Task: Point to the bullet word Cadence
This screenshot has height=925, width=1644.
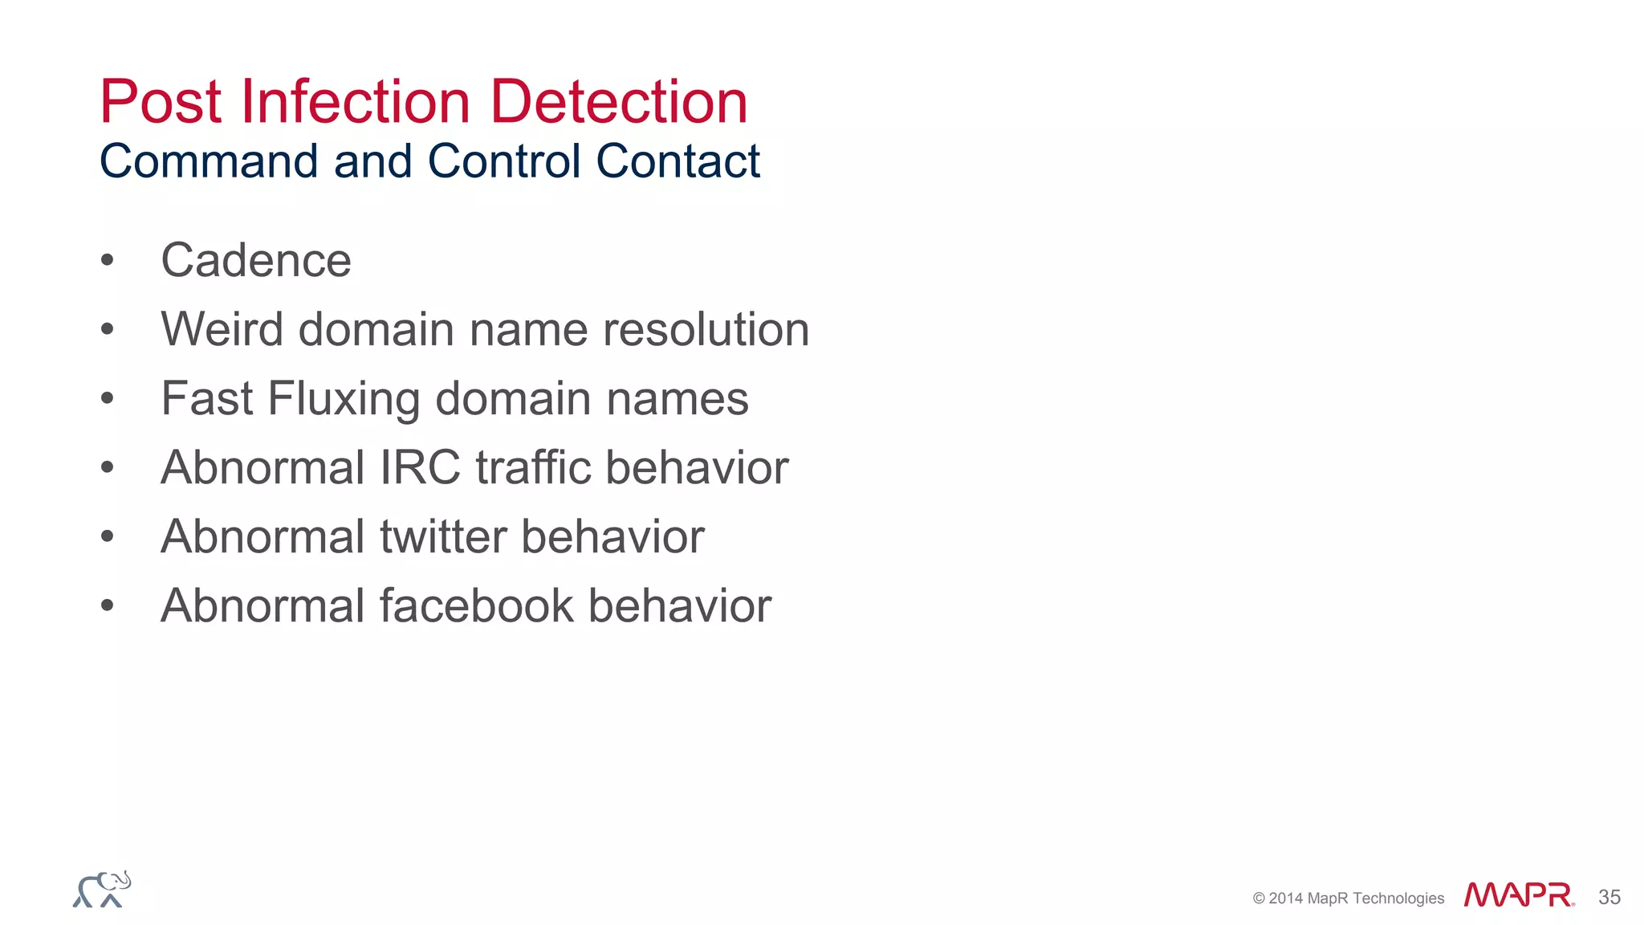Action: [256, 260]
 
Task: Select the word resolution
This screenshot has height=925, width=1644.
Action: [706, 329]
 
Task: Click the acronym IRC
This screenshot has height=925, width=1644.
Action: [420, 467]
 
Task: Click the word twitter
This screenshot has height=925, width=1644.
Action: [443, 536]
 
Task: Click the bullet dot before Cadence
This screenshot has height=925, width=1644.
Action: [108, 260]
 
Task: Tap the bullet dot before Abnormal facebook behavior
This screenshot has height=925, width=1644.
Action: [108, 605]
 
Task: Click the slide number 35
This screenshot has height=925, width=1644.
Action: [1609, 897]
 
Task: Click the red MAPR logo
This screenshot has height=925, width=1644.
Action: [1518, 894]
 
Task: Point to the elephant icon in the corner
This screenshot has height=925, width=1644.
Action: [102, 890]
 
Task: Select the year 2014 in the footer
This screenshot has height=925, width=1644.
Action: [1285, 899]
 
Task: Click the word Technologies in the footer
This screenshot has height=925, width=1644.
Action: [1398, 899]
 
